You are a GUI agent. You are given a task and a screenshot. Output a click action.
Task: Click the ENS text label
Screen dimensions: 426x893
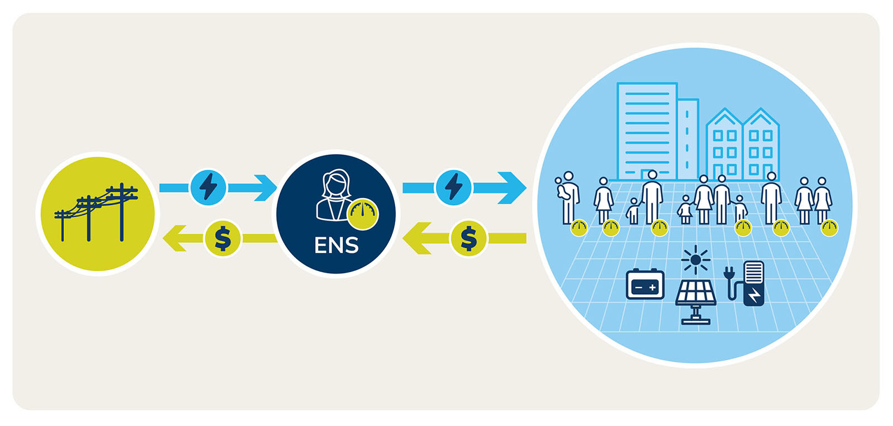click(336, 245)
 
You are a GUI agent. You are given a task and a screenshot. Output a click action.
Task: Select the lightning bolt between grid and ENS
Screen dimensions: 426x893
click(208, 186)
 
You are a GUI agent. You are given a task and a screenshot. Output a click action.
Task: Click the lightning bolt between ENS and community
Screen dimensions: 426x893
click(454, 186)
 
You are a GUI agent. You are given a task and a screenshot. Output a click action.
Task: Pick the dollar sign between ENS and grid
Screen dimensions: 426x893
click(223, 238)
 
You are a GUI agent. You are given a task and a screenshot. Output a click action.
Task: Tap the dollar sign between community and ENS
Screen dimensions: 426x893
click(469, 238)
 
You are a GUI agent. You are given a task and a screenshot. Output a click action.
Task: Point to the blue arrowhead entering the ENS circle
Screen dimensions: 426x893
click(266, 187)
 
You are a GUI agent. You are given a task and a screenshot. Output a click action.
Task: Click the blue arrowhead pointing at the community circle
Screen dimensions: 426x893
click(513, 187)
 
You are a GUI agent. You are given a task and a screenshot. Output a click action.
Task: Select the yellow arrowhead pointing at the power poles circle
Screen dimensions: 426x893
click(174, 238)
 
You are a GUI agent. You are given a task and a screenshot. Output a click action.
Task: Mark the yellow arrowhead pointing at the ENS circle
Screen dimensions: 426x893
click(416, 238)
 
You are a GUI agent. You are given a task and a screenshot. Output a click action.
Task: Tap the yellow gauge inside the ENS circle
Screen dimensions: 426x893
click(363, 214)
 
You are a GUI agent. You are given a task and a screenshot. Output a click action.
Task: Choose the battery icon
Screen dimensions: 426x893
click(645, 285)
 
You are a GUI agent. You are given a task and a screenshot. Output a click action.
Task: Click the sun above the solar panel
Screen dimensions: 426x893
click(695, 260)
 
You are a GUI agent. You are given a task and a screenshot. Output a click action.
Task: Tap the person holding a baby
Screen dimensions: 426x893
click(568, 195)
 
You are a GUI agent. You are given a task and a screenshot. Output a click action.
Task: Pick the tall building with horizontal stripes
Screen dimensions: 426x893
click(647, 128)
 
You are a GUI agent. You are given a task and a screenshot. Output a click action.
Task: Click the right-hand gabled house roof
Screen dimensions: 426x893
click(761, 117)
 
